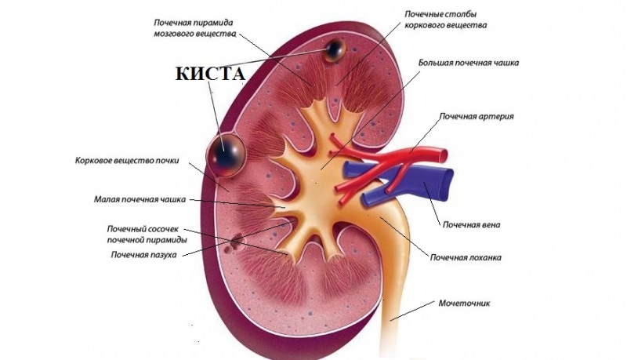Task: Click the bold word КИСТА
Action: pos(210,74)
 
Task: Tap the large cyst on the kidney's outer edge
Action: pos(225,154)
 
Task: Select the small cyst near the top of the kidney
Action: pos(335,50)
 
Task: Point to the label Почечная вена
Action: pos(471,224)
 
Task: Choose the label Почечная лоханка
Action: pos(466,257)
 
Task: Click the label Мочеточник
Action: pos(464,304)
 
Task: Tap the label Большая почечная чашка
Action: pos(469,63)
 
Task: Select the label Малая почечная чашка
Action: pos(140,198)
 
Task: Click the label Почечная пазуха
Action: pos(144,254)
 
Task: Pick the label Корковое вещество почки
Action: pos(127,161)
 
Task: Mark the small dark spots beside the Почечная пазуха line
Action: pos(233,244)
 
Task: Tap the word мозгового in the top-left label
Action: pos(174,34)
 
